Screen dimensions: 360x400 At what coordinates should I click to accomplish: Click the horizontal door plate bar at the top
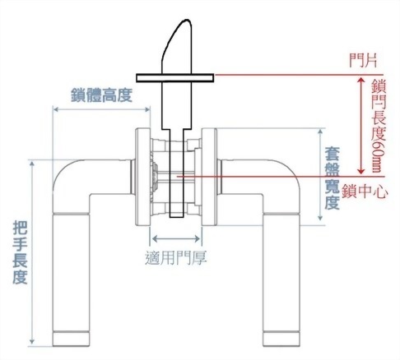pyautogui.click(x=174, y=77)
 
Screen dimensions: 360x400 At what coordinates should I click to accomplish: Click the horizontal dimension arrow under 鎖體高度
pyautogui.click(x=102, y=108)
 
